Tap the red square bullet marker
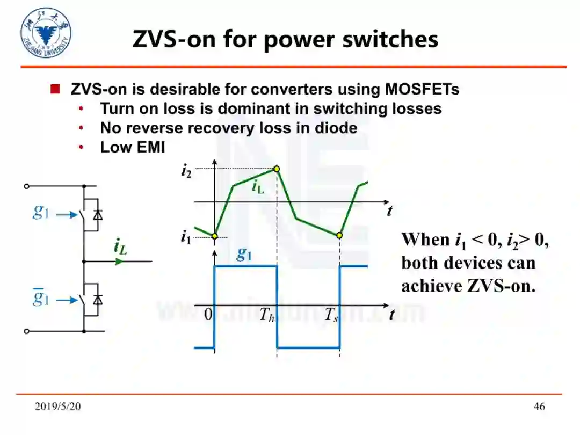point(55,89)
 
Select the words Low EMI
point(133,147)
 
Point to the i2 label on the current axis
point(186,171)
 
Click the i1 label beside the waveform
point(186,237)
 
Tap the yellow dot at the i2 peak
point(277,169)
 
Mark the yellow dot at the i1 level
point(214,236)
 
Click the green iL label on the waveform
point(258,187)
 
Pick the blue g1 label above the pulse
point(244,254)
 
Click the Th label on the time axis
point(267,315)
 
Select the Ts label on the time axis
point(331,315)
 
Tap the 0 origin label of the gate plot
point(208,315)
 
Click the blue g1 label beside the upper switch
point(41,213)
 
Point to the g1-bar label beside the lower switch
point(41,297)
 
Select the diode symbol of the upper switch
point(97,215)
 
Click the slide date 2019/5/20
point(58,407)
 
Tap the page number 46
point(539,407)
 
